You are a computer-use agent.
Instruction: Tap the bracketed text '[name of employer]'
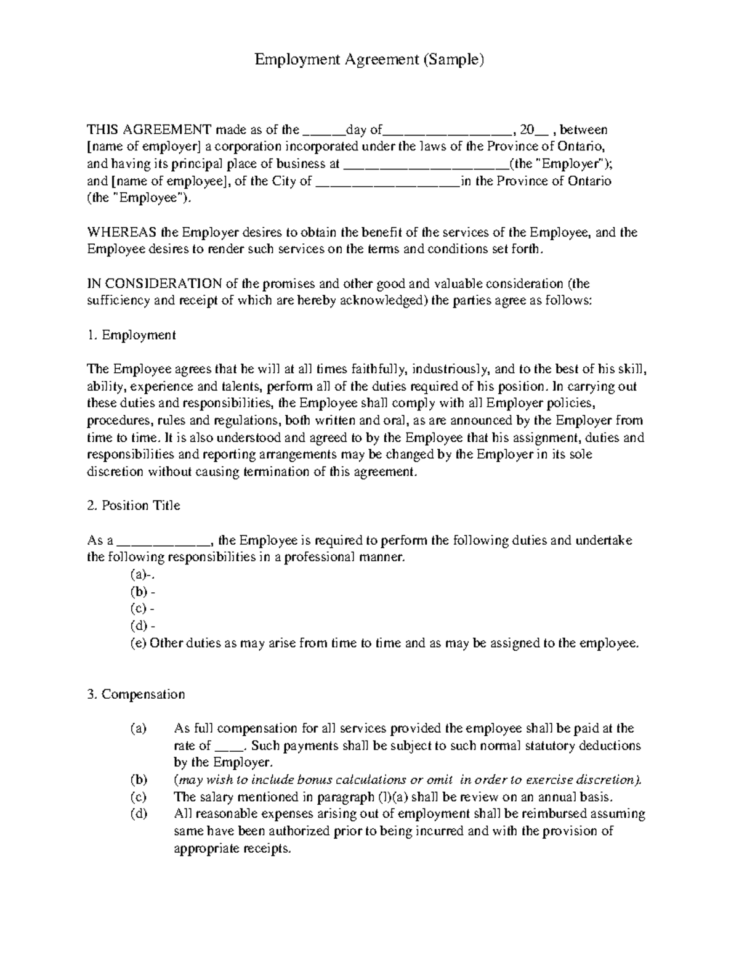[144, 147]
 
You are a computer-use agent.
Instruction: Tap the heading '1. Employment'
[132, 335]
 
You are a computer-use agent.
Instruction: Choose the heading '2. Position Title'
[134, 506]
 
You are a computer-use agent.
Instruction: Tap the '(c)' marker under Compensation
[139, 797]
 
